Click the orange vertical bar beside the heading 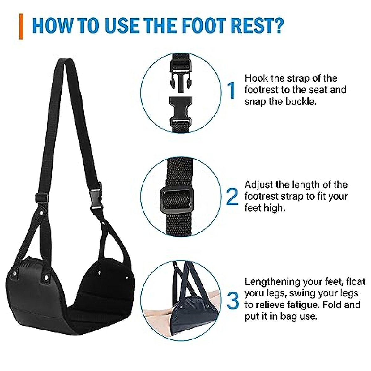tap(21, 26)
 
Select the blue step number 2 tap(232, 197)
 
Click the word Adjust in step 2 tap(258, 185)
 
